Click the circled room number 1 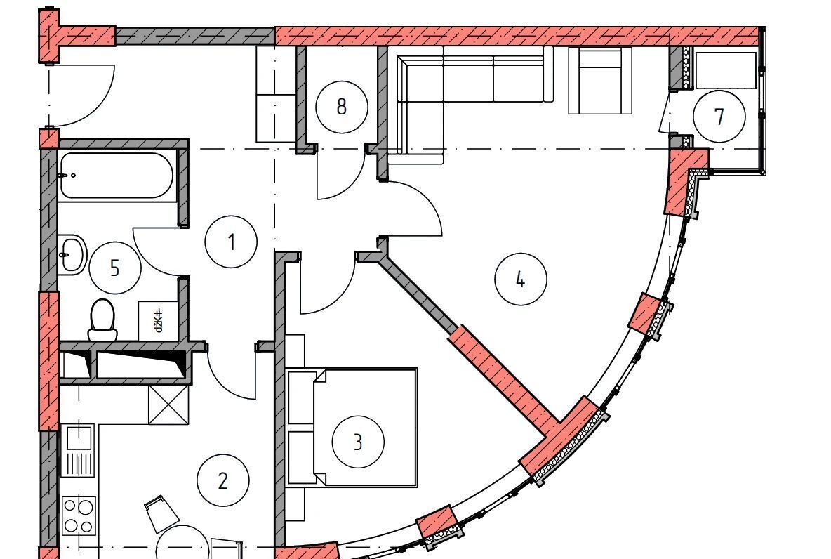[x=231, y=242]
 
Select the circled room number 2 [x=222, y=481]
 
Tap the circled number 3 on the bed [x=358, y=442]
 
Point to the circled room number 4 [x=520, y=279]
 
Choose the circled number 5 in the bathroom [x=115, y=268]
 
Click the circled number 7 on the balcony [x=719, y=117]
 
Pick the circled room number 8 [x=341, y=107]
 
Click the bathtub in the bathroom [x=116, y=176]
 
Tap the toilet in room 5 [x=102, y=320]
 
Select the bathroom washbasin [x=71, y=254]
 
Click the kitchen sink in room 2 [x=78, y=450]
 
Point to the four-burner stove [x=78, y=515]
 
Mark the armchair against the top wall [x=601, y=81]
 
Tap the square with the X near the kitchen [x=168, y=405]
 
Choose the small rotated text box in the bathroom [x=158, y=321]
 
